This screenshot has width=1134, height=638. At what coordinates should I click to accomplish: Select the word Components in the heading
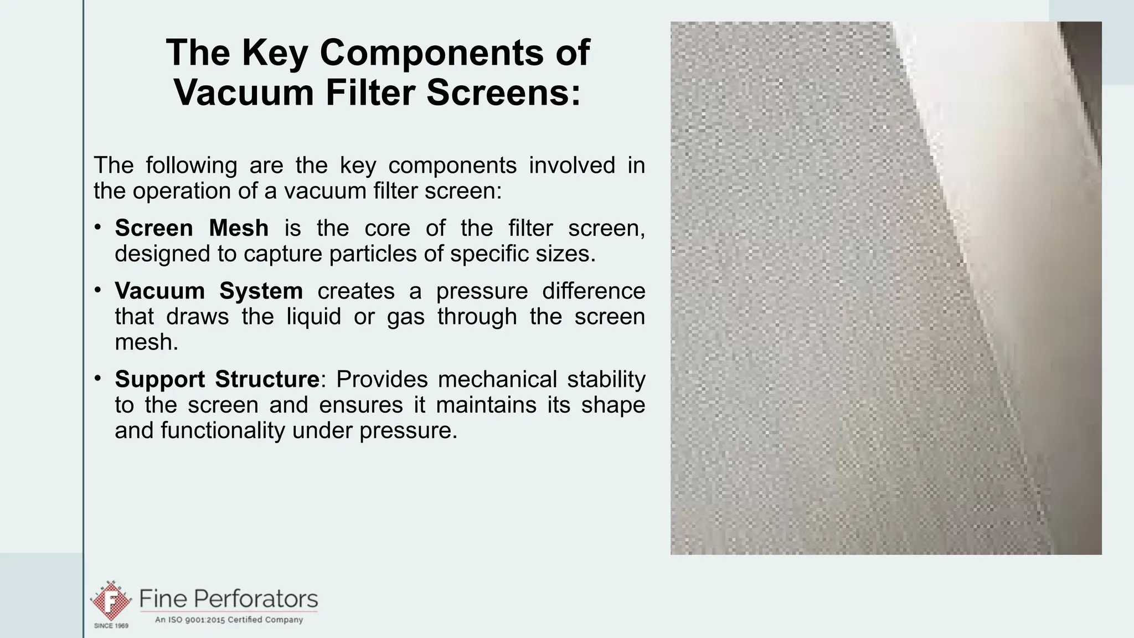point(431,53)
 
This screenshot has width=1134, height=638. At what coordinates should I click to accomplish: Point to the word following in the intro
point(192,165)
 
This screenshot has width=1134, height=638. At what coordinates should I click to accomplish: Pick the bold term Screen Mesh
point(192,228)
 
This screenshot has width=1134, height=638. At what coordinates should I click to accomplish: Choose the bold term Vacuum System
point(209,291)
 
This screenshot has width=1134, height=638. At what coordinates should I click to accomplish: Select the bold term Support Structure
point(217,379)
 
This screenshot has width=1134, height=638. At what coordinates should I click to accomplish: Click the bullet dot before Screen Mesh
point(97,227)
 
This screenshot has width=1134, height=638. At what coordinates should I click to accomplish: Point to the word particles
point(374,254)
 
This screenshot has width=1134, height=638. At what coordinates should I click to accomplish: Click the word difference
point(594,291)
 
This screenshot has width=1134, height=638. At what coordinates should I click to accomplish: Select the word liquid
point(313,317)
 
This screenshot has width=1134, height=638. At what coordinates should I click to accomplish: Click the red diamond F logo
point(111,600)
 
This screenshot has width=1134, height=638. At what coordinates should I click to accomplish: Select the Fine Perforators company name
point(229,599)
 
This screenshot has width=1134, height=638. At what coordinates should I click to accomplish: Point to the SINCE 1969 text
point(111,626)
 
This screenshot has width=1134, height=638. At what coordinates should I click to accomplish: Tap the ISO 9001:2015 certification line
point(229,620)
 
